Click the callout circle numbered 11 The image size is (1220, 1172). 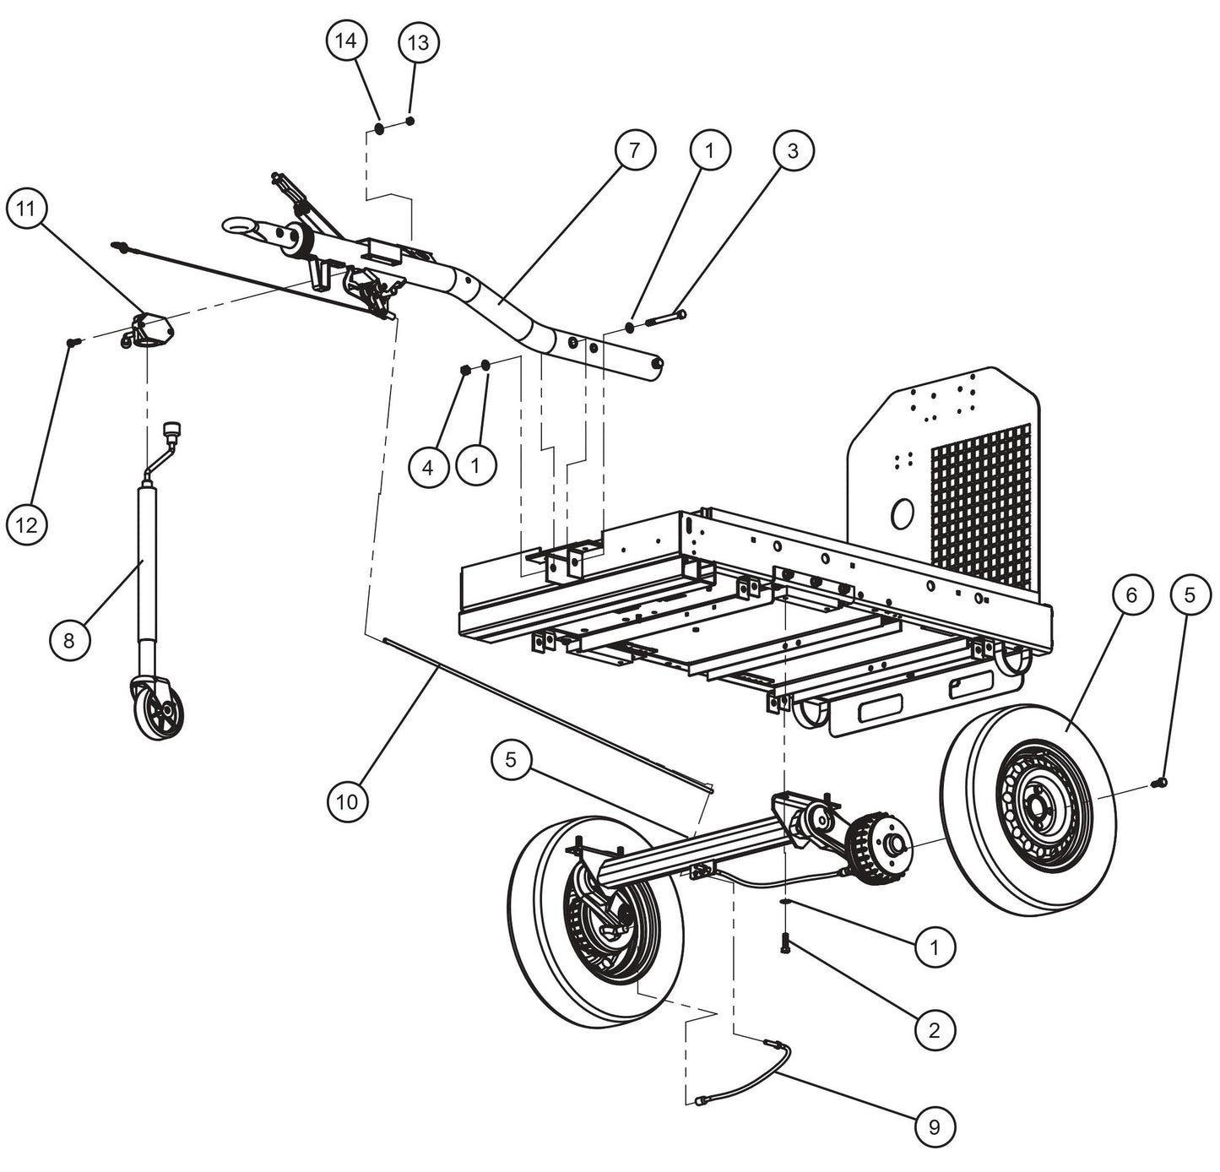pos(27,209)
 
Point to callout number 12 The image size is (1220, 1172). pos(27,525)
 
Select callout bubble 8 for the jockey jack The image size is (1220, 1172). pos(69,640)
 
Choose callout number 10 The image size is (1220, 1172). pos(348,800)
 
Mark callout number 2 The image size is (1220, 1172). pos(934,1029)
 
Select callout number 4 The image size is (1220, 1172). pos(429,465)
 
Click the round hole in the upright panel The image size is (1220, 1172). pos(902,512)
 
